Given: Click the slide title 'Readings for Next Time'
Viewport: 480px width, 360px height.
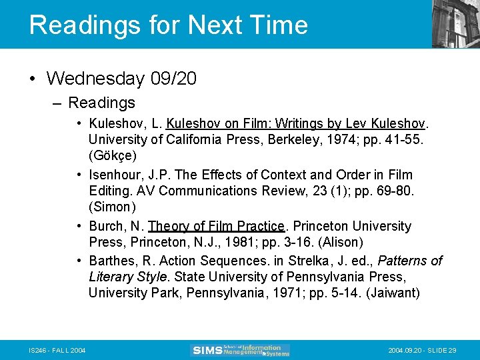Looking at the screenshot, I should [x=168, y=25].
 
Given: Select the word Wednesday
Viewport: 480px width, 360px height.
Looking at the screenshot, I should [x=95, y=79].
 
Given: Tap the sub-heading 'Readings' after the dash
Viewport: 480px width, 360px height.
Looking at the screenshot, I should [x=101, y=103].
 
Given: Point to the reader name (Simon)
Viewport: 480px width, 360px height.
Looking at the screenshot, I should [x=112, y=207].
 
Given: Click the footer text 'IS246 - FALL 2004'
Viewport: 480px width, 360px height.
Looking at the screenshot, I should [x=57, y=351].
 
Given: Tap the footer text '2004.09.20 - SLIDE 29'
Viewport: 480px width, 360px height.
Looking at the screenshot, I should [x=421, y=351].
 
